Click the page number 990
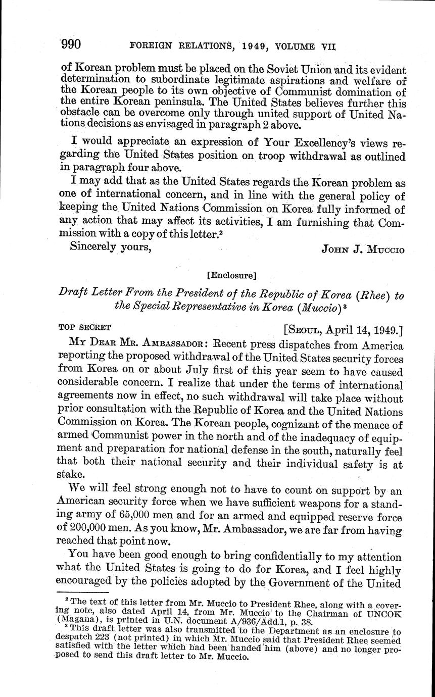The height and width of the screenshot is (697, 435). click(x=71, y=45)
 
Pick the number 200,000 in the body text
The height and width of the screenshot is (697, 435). click(x=86, y=530)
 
